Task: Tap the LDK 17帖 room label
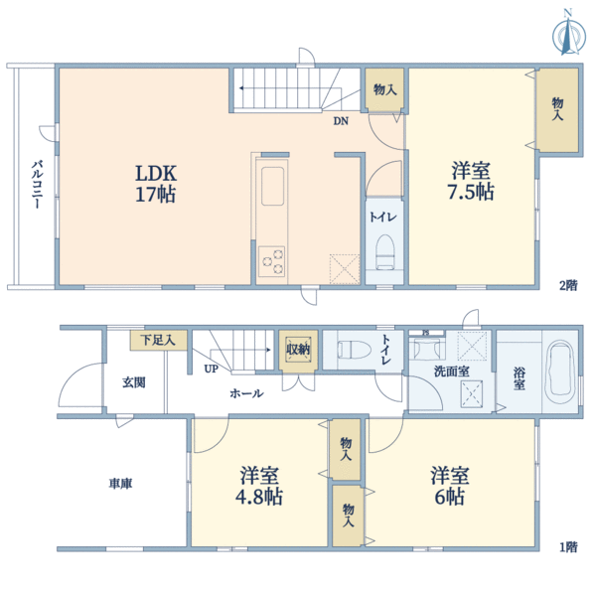pyautogui.click(x=156, y=184)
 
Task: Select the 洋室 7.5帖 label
pyautogui.click(x=471, y=181)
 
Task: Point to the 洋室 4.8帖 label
pyautogui.click(x=259, y=486)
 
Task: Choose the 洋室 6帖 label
pyautogui.click(x=450, y=486)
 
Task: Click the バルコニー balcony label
pyautogui.click(x=37, y=185)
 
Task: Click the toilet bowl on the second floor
pyautogui.click(x=384, y=252)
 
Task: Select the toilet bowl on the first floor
pyautogui.click(x=354, y=349)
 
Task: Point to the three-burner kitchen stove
pyautogui.click(x=272, y=261)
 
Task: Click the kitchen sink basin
pyautogui.click(x=272, y=186)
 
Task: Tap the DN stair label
pyautogui.click(x=341, y=121)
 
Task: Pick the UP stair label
pyautogui.click(x=211, y=369)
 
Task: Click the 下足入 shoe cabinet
pyautogui.click(x=159, y=340)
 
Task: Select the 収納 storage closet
pyautogui.click(x=298, y=350)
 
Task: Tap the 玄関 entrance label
pyautogui.click(x=134, y=382)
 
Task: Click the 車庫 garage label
pyautogui.click(x=120, y=484)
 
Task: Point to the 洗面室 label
pyautogui.click(x=452, y=372)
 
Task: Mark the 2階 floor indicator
pyautogui.click(x=568, y=285)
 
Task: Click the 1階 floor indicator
pyautogui.click(x=568, y=547)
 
